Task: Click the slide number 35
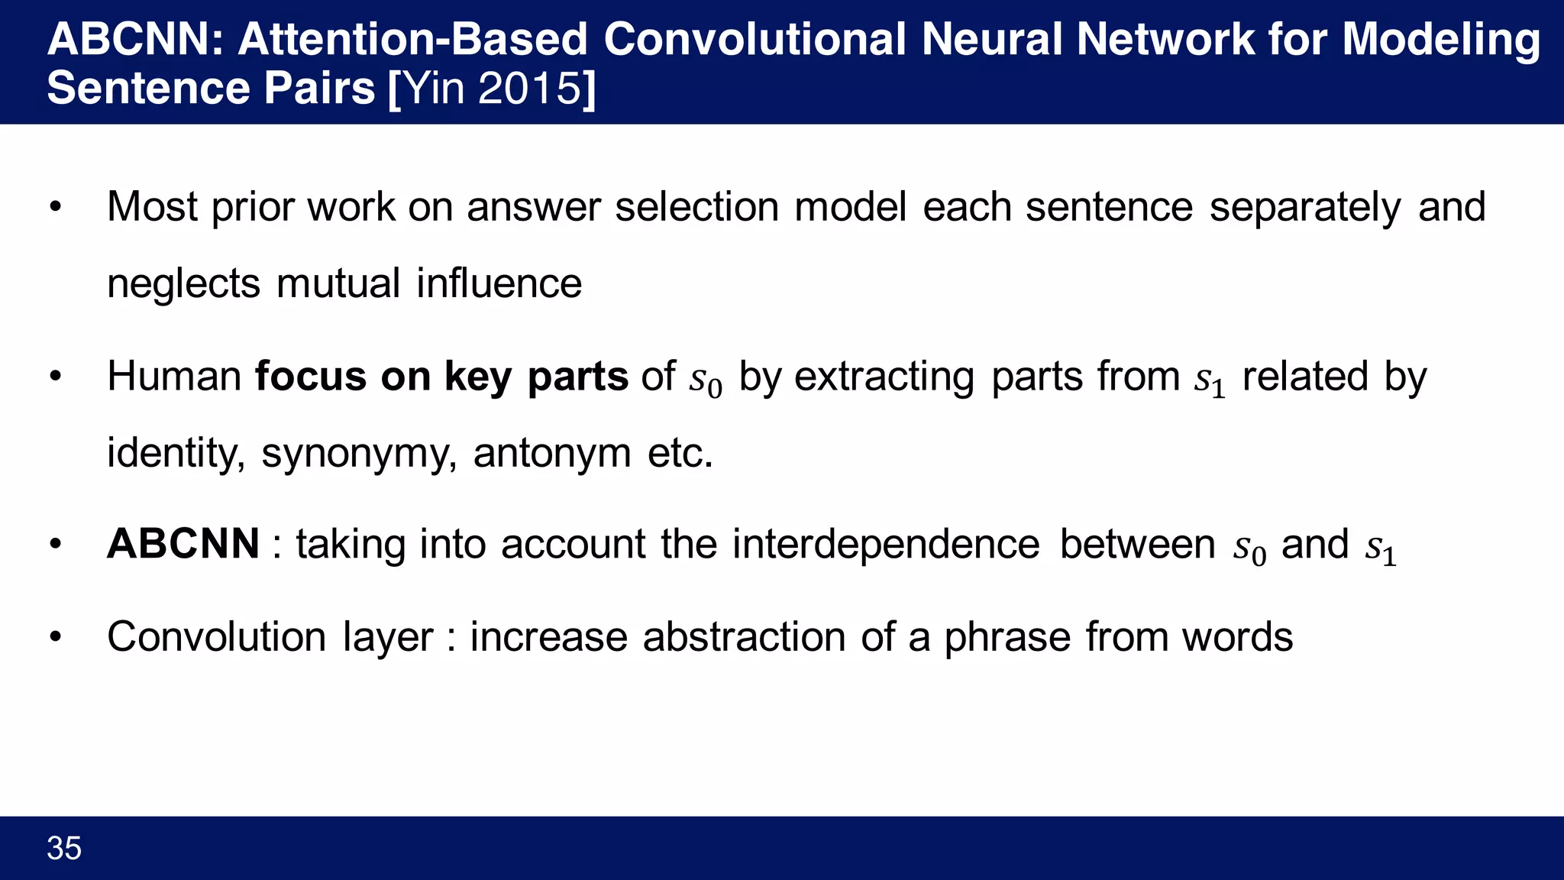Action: click(x=64, y=849)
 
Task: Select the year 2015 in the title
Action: click(x=530, y=89)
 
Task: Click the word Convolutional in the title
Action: click(x=754, y=40)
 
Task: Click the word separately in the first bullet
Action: click(x=1305, y=208)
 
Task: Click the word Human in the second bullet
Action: click(x=174, y=377)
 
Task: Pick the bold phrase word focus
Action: click(x=311, y=377)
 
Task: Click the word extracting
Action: click(x=884, y=377)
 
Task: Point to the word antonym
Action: click(x=551, y=454)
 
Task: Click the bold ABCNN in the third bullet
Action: click(x=183, y=545)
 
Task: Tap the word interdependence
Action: click(x=886, y=545)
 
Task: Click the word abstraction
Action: click(x=744, y=637)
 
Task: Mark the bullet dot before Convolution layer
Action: click(x=55, y=637)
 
